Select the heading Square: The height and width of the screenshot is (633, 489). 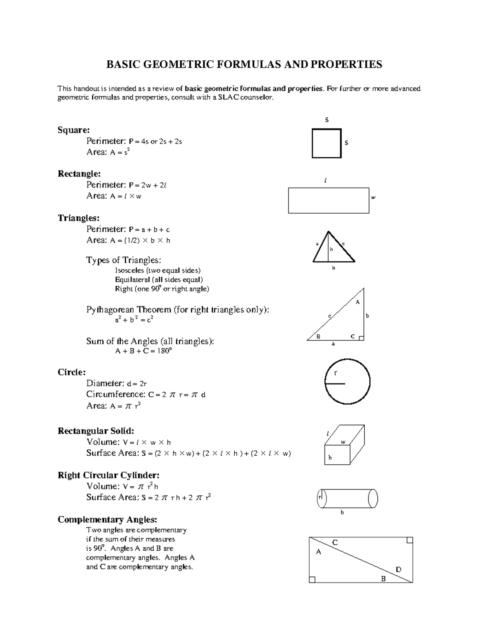(x=73, y=130)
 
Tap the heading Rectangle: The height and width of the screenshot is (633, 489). (x=79, y=174)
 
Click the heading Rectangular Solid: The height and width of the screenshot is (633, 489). (x=96, y=431)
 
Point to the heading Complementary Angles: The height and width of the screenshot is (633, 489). (x=107, y=520)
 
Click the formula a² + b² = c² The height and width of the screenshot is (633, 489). (x=134, y=320)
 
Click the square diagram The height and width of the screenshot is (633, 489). (x=326, y=143)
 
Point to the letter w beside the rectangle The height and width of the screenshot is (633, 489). (x=373, y=198)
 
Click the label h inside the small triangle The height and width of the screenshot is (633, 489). (x=331, y=249)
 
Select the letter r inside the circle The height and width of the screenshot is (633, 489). (x=336, y=373)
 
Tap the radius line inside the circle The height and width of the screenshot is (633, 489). (x=335, y=384)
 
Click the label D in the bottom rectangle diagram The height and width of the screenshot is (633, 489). (x=399, y=569)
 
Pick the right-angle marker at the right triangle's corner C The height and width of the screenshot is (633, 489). (x=361, y=338)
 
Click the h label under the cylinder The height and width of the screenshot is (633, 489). (x=342, y=512)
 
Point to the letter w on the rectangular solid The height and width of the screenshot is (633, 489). (x=343, y=442)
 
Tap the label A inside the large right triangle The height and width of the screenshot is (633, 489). (x=358, y=302)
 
